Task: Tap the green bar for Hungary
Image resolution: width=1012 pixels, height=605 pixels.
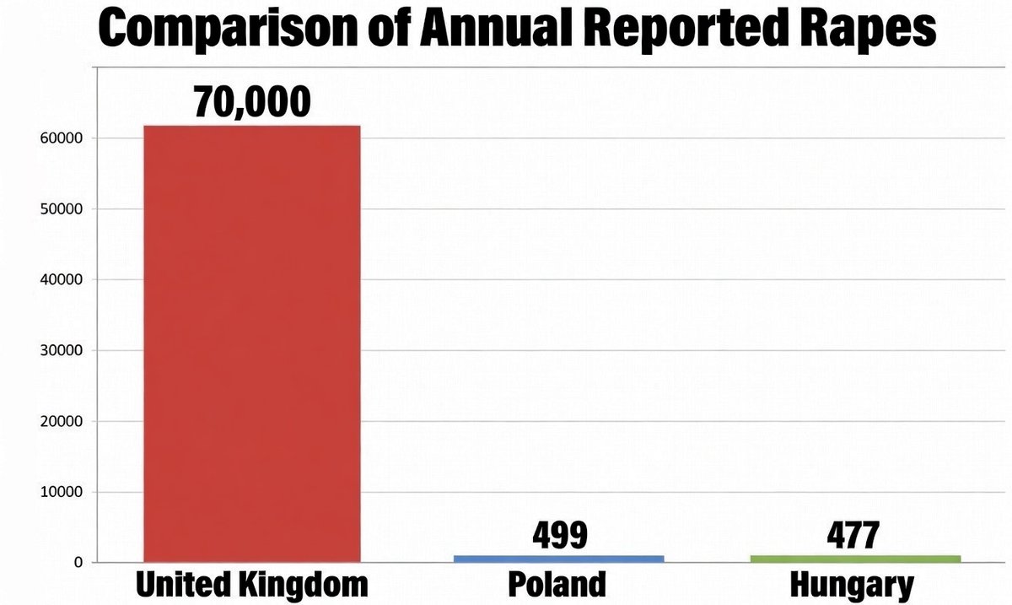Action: (855, 558)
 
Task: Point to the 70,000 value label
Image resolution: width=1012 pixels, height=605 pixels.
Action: (252, 101)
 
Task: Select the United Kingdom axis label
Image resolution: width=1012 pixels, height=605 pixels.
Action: (252, 584)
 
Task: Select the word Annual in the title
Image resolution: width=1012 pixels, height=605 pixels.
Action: (488, 30)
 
